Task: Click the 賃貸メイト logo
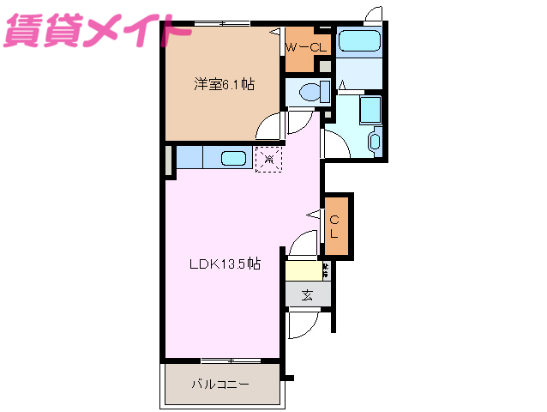[x=97, y=33]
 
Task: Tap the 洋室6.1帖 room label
[x=223, y=84]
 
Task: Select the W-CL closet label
[x=306, y=48]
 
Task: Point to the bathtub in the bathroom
[x=358, y=42]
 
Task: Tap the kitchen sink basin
[x=234, y=158]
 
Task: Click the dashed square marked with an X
[x=268, y=158]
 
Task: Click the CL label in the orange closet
[x=335, y=226]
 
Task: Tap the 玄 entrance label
[x=307, y=294]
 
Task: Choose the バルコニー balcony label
[x=220, y=384]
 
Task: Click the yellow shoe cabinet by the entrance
[x=303, y=270]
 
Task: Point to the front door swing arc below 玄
[x=301, y=324]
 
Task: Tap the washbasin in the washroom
[x=375, y=141]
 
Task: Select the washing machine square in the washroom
[x=370, y=110]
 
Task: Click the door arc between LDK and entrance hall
[x=303, y=244]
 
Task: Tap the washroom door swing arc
[x=335, y=142]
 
